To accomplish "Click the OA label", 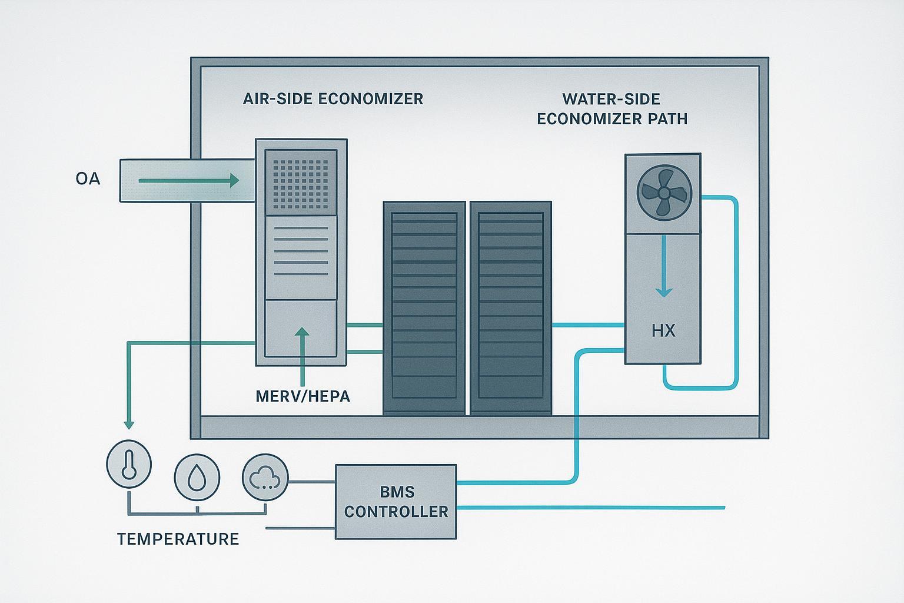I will [x=88, y=178].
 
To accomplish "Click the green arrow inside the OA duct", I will [x=188, y=180].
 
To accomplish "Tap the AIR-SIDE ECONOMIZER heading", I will [x=333, y=98].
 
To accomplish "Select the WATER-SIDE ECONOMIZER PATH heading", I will [x=611, y=108].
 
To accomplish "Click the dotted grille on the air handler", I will [x=300, y=181].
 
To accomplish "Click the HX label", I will [x=663, y=331].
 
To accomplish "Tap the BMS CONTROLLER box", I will [x=395, y=502].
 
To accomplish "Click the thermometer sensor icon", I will [x=129, y=464].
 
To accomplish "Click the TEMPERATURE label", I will [x=178, y=539].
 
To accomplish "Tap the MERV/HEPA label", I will [x=303, y=396].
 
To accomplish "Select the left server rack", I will [x=424, y=308].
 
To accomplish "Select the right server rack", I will [x=511, y=308].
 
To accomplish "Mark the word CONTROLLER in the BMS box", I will [x=395, y=512].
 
